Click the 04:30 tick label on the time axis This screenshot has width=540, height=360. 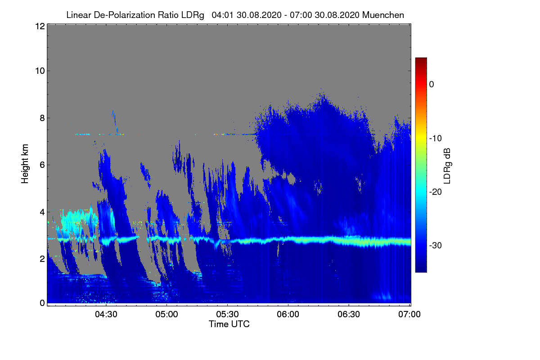point(106,315)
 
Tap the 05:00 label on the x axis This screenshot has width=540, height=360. point(166,315)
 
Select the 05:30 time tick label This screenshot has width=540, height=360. point(227,315)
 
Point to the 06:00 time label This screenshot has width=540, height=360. point(288,315)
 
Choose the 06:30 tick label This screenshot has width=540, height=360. point(349,315)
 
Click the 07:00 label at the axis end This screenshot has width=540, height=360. point(409,315)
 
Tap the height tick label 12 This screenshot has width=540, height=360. point(40,26)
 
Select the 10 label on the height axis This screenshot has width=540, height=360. point(40,71)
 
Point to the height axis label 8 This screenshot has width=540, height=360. point(42,118)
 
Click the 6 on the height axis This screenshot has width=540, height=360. point(42,165)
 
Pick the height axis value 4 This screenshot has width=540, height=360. point(42,212)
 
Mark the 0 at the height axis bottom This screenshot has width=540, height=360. point(42,303)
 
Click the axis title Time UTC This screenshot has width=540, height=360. point(229,324)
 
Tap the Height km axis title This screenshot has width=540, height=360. point(25,164)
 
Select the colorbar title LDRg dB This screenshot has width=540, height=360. point(447,166)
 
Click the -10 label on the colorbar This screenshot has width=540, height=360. point(436,139)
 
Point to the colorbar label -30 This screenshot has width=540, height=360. point(436,245)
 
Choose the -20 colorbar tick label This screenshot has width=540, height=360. point(436,192)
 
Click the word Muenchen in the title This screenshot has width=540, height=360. point(383,15)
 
